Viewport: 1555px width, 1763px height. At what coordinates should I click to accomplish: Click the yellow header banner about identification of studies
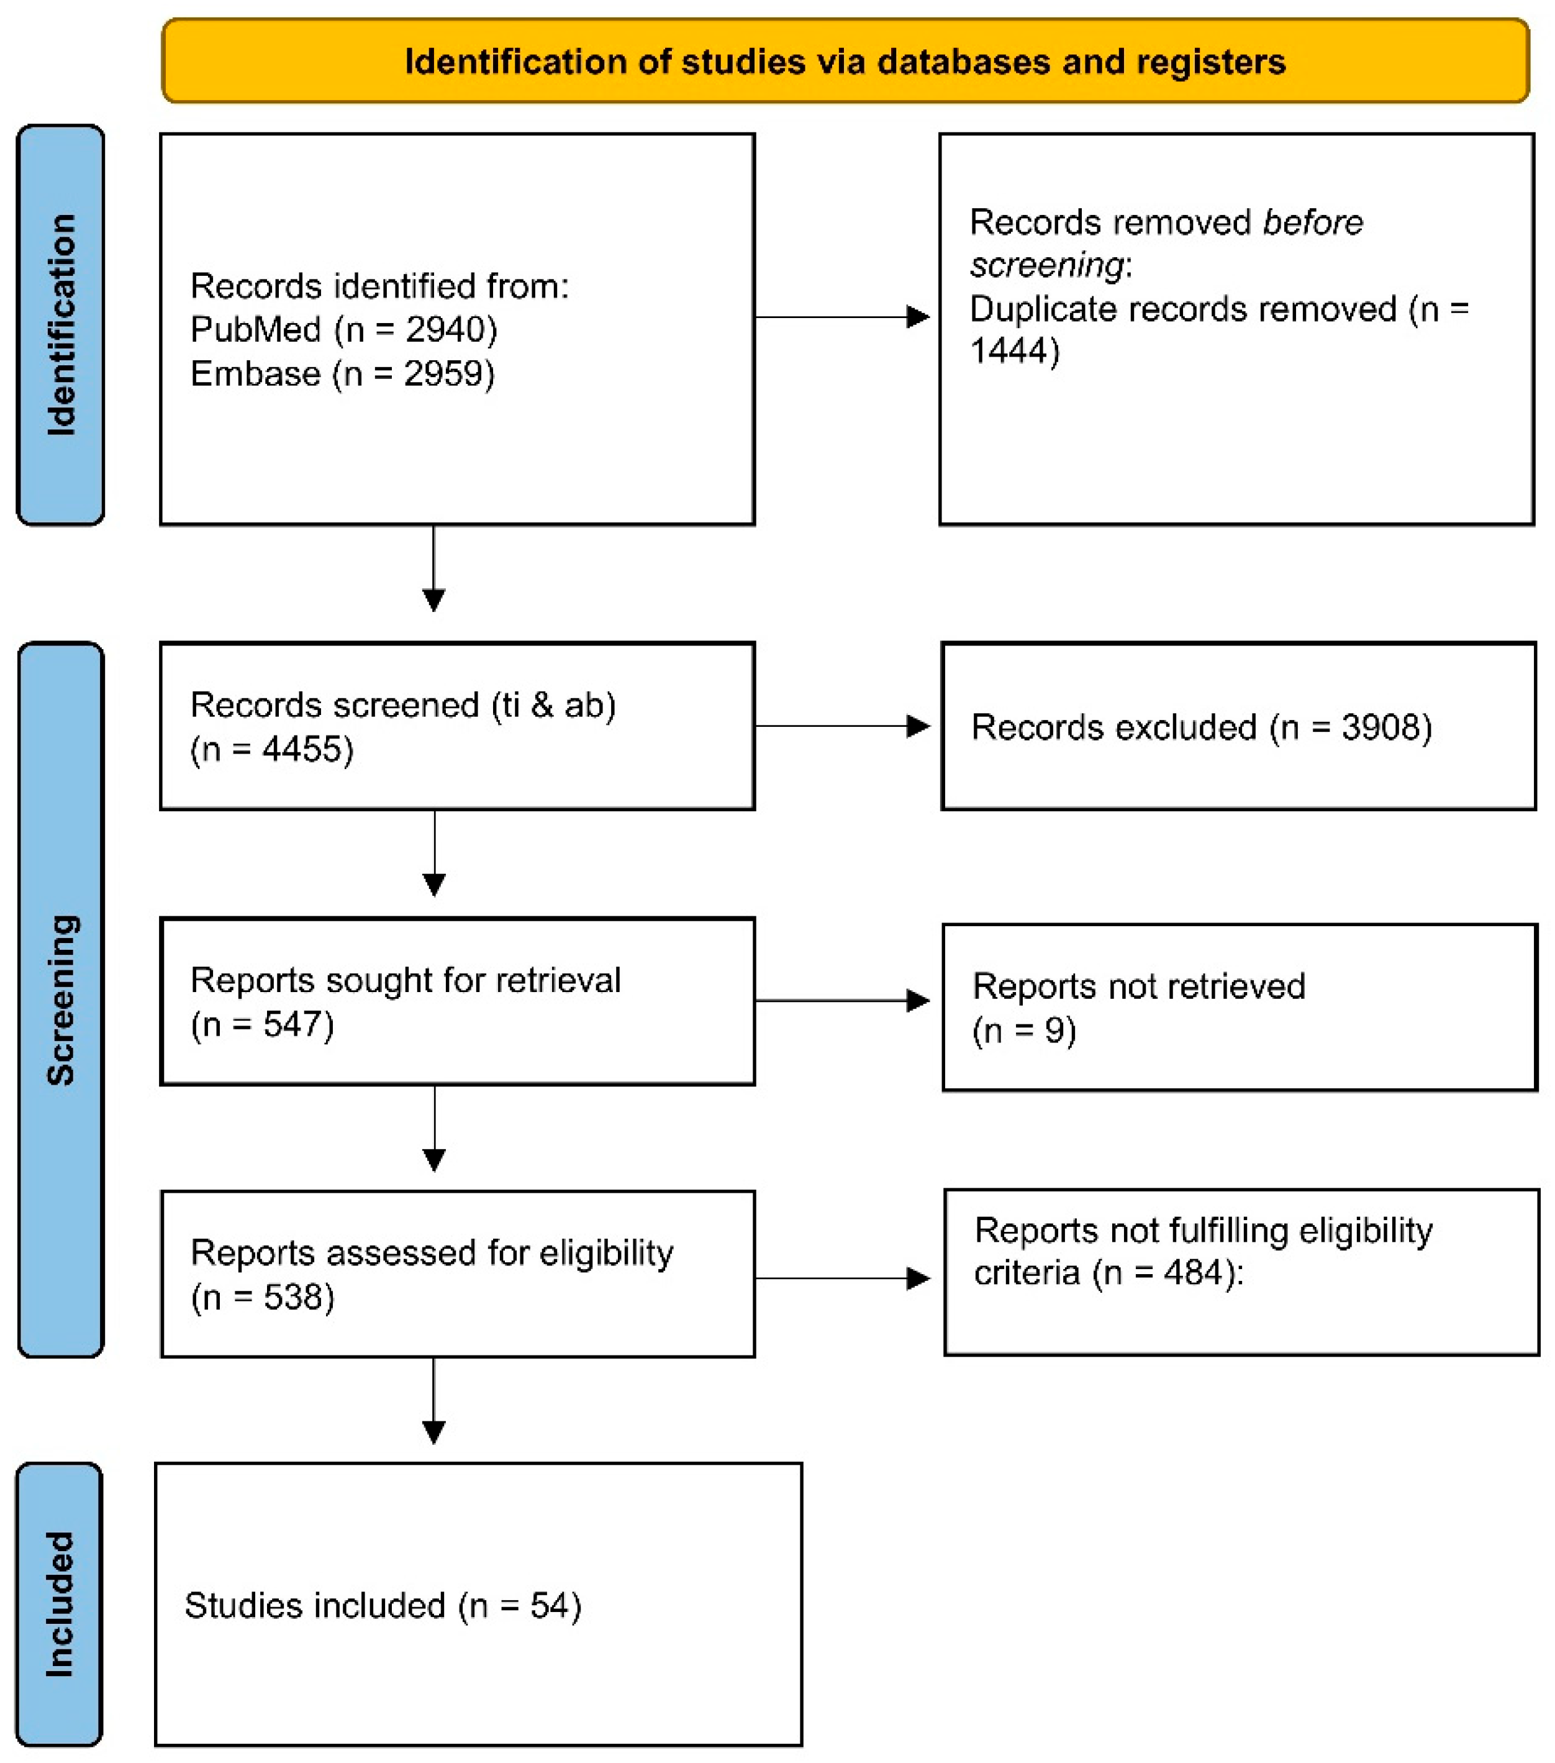tap(845, 61)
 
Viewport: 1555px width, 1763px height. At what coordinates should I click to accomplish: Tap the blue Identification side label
tap(60, 324)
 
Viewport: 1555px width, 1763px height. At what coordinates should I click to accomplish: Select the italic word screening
tap(1046, 265)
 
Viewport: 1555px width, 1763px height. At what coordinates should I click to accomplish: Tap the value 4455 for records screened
tap(302, 749)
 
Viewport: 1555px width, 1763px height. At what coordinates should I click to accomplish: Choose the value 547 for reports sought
tap(292, 1024)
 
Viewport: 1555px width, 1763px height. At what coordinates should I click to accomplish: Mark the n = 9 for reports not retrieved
tap(1024, 1030)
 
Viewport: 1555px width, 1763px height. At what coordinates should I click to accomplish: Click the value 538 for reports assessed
tap(292, 1296)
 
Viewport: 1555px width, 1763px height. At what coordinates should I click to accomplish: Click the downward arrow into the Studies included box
tap(434, 1431)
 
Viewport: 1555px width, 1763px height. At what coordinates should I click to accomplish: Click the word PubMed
tap(255, 329)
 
